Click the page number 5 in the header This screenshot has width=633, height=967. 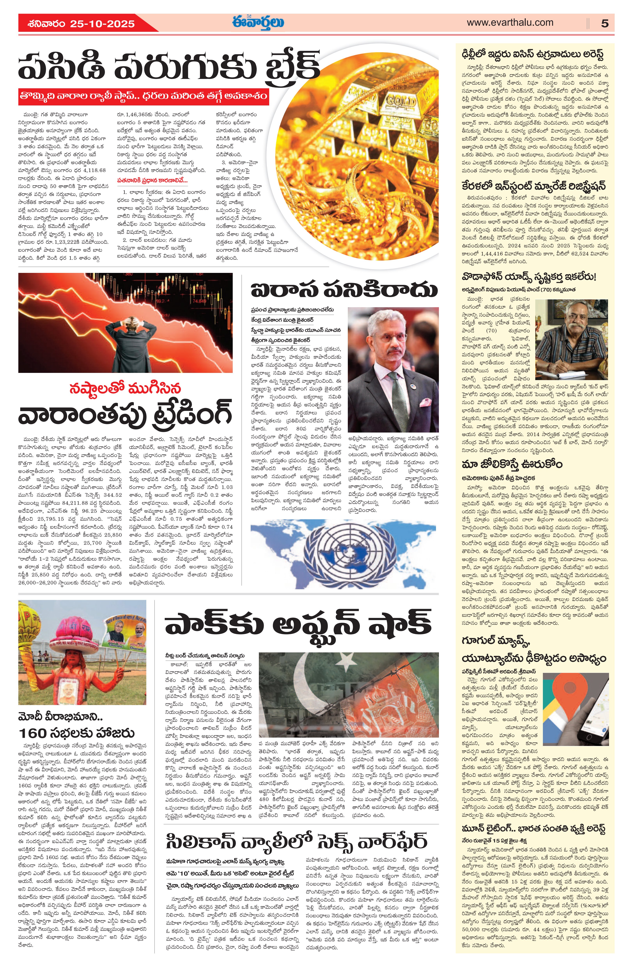point(605,23)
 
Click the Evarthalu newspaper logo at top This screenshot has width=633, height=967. point(258,22)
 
